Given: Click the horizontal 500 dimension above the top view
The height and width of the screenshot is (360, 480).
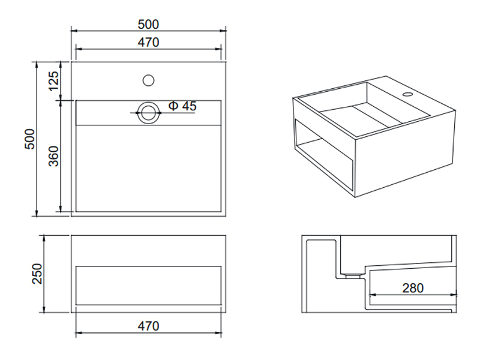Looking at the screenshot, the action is [148, 25].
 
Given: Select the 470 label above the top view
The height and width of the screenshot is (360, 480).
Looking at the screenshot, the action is [148, 43].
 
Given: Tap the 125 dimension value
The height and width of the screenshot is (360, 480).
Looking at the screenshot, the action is [53, 81].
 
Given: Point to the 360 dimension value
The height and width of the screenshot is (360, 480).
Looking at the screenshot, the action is [53, 156].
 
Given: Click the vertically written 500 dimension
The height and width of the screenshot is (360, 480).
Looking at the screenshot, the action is [29, 139].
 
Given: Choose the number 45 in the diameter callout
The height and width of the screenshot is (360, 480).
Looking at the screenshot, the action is [189, 106].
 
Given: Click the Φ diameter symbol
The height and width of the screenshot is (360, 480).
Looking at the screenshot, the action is [173, 106].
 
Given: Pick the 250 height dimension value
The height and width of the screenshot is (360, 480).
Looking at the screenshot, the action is [37, 274].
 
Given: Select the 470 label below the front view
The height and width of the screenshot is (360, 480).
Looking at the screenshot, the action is [148, 326].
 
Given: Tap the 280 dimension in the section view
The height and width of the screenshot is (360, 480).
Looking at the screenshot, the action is [413, 288].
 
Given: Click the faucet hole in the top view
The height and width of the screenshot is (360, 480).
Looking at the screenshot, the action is [148, 80].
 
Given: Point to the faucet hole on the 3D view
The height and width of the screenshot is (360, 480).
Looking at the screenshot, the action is [408, 94].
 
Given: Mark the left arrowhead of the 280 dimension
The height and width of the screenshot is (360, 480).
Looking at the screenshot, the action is [373, 295].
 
